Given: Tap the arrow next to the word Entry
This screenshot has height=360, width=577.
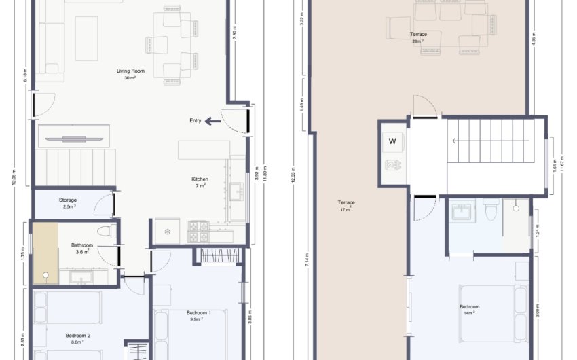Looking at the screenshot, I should coord(213,121).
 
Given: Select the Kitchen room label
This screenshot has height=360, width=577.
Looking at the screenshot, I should coord(200,180).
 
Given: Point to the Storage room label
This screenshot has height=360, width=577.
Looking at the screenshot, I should coord(67,200).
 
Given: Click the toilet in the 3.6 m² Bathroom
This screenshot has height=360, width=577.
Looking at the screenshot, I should coord(104,230).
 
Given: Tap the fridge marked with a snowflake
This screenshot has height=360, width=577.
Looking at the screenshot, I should coord(167,232).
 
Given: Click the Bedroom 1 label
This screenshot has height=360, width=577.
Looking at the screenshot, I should coord(199,313).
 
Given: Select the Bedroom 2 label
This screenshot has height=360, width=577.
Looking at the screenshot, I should coord(78,336).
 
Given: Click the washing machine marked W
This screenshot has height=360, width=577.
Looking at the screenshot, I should coord(392,141).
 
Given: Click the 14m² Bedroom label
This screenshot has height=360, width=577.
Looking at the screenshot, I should coord(469,307).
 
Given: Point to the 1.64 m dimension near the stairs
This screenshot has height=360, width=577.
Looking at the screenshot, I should coord(555,163).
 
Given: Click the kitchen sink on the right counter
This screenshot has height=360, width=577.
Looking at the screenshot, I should coord(237,192).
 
